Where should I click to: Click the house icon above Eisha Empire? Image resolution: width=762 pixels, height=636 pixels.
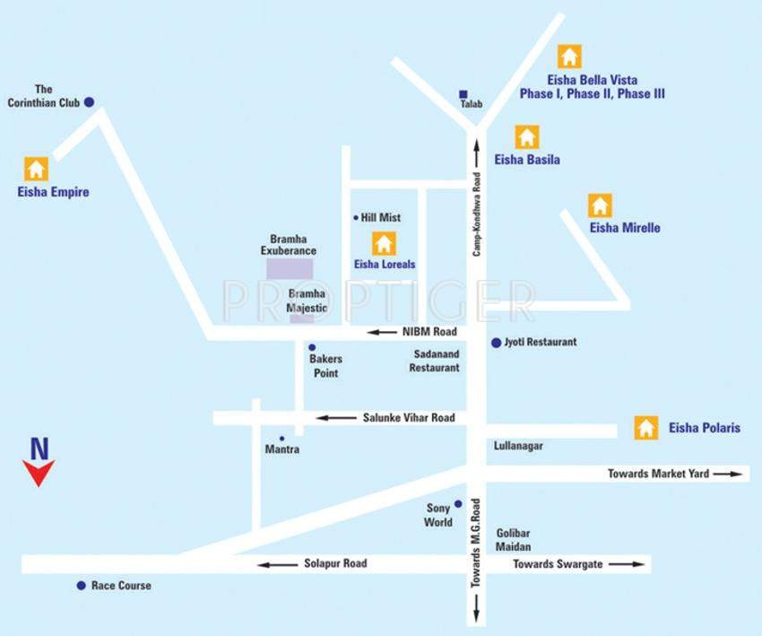(36, 168)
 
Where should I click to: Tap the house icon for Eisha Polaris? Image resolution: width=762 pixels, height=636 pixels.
(645, 428)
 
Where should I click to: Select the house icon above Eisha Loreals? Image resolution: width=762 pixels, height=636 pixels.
(384, 242)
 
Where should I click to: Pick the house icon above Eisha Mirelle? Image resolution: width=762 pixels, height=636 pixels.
(600, 205)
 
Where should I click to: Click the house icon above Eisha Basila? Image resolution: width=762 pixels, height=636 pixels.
(526, 137)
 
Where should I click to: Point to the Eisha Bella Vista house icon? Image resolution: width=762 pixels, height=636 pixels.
(568, 56)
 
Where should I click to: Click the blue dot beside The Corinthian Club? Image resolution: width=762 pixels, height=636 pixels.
(89, 102)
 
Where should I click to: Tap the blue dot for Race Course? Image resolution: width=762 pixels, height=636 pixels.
(81, 586)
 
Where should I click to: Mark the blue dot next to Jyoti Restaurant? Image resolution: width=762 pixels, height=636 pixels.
(495, 343)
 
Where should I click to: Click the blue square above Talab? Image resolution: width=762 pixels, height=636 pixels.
(463, 93)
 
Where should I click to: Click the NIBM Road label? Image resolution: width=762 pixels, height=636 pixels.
(429, 332)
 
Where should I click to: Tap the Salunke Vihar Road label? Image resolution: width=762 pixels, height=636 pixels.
(409, 418)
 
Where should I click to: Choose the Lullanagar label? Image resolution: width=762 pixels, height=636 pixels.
(519, 446)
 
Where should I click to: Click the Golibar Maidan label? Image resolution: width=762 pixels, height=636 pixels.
(514, 540)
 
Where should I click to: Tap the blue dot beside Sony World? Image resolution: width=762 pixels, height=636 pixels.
(457, 504)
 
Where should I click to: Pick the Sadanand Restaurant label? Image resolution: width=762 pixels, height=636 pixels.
(435, 362)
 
